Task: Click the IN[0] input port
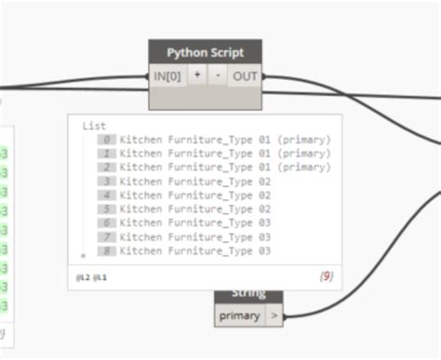167,76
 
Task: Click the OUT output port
245,76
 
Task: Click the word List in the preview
94,125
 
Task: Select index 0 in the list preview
109,140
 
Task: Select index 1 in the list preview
109,153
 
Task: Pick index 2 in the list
109,167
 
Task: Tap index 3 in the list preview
109,181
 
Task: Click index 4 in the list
109,195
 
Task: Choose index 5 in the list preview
109,209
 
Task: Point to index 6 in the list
109,223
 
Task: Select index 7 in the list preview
109,237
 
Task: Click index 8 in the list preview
109,251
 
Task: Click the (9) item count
327,276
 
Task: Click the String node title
248,294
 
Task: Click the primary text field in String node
240,315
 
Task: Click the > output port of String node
274,315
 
